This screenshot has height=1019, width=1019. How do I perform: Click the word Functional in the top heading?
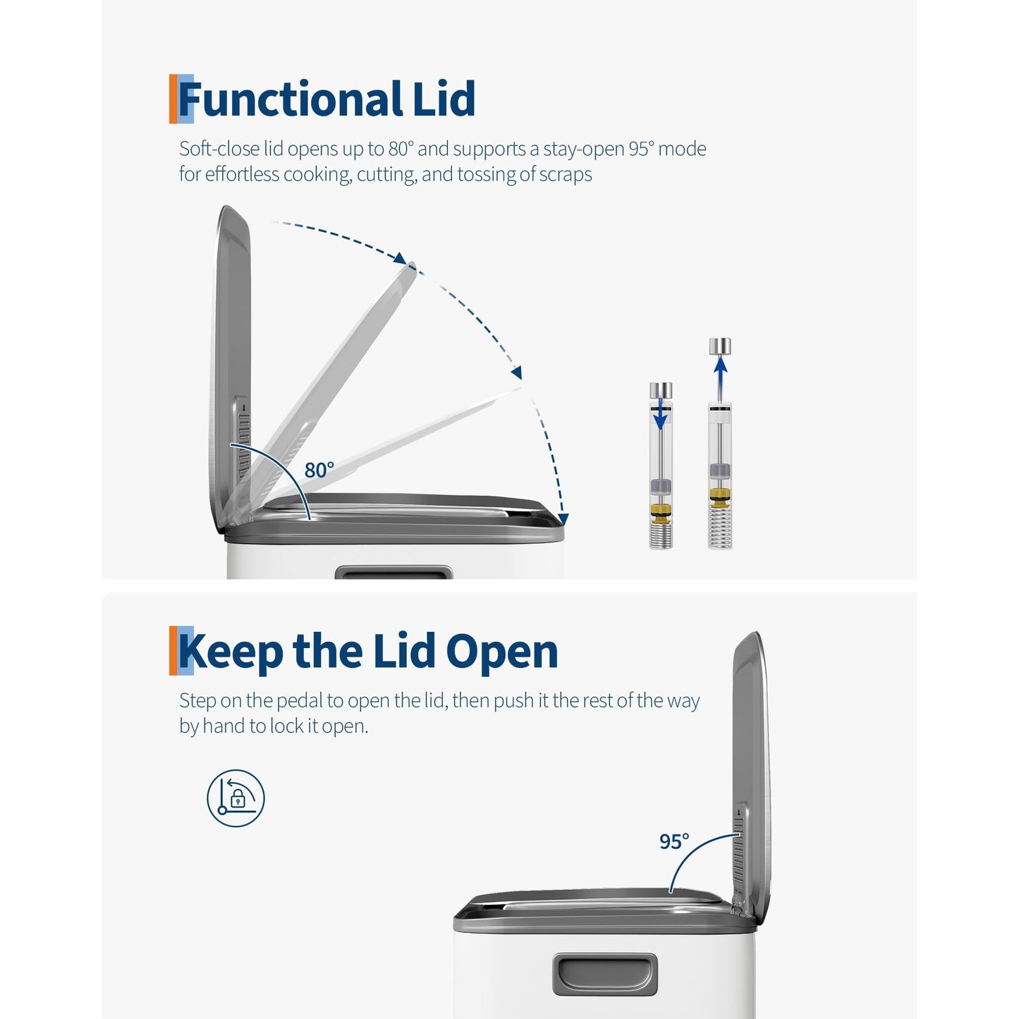click(290, 99)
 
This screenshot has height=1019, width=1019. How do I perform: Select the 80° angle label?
click(319, 470)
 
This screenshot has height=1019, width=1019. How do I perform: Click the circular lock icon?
click(236, 798)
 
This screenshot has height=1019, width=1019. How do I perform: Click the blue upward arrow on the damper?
click(719, 373)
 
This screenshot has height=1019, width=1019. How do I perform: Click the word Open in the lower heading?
click(502, 652)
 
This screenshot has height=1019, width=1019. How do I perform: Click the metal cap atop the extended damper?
click(720, 346)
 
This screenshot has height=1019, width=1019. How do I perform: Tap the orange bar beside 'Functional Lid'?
click(173, 99)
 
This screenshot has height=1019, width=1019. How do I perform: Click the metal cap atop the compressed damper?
click(661, 390)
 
